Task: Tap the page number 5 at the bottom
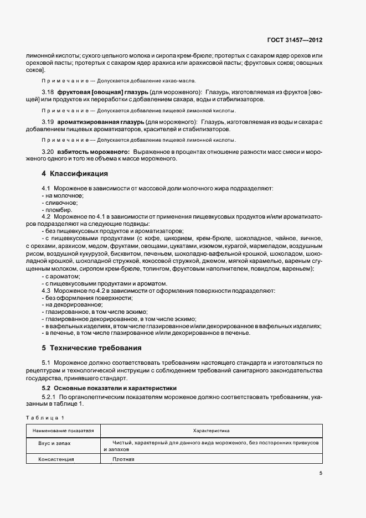pos(321,473)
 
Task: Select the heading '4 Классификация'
pos(75,174)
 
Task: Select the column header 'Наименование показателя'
pos(63,430)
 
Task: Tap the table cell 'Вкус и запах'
pos(54,443)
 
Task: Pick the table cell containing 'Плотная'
pos(123,459)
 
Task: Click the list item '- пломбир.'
pos(55,210)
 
